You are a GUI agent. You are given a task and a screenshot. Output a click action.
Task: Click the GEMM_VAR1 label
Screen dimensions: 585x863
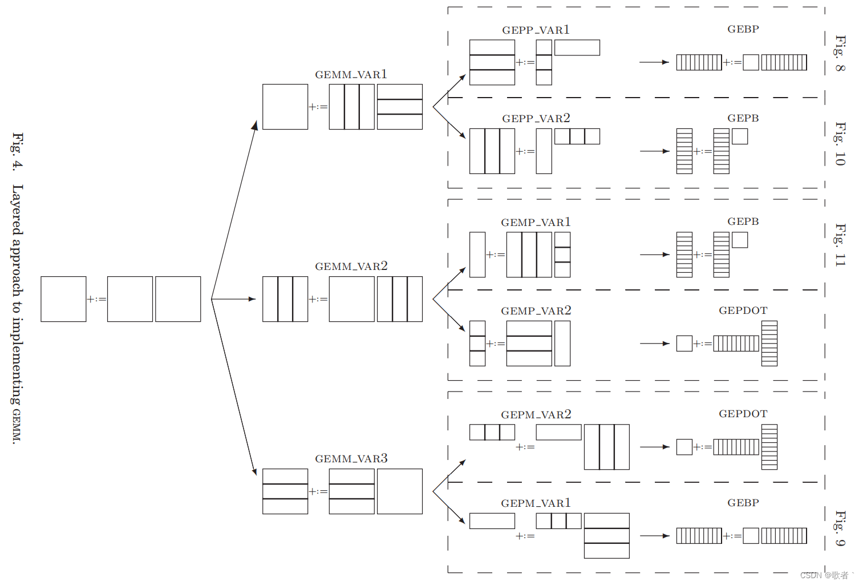[351, 75]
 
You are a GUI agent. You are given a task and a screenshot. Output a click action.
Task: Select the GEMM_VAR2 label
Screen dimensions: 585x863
[351, 267]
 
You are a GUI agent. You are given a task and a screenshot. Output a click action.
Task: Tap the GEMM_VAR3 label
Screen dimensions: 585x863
[351, 459]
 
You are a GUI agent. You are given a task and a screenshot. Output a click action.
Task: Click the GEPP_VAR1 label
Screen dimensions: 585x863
[536, 30]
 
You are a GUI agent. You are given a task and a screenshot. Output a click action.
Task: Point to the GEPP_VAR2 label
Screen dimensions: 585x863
[536, 119]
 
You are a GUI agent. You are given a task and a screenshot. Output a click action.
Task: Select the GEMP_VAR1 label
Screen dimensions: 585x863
[536, 223]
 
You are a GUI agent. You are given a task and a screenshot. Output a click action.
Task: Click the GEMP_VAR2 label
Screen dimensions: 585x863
[536, 311]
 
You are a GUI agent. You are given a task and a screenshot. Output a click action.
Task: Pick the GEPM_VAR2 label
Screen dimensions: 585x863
[536, 415]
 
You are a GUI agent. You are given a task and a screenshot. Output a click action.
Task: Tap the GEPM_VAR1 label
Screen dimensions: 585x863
[536, 503]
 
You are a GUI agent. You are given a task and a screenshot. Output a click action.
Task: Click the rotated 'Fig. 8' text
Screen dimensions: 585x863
[840, 53]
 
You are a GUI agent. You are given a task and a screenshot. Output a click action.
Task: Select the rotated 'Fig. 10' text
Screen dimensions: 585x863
[840, 143]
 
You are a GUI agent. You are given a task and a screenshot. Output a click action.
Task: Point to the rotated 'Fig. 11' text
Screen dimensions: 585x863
[840, 244]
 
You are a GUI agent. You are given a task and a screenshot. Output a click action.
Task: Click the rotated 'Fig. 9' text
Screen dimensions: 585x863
[840, 528]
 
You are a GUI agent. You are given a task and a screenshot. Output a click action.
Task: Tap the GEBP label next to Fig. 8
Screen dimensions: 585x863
[743, 29]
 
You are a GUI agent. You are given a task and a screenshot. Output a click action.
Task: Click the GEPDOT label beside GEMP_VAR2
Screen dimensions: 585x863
[743, 310]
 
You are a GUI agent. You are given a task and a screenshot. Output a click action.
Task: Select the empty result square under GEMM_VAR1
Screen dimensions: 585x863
[285, 107]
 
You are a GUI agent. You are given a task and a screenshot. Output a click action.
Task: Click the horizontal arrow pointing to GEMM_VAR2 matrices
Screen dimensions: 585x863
[234, 299]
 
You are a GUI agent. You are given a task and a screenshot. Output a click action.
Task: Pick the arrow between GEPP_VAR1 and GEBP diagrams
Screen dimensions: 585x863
[654, 62]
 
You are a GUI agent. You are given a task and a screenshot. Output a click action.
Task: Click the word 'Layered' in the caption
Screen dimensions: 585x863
[17, 209]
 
